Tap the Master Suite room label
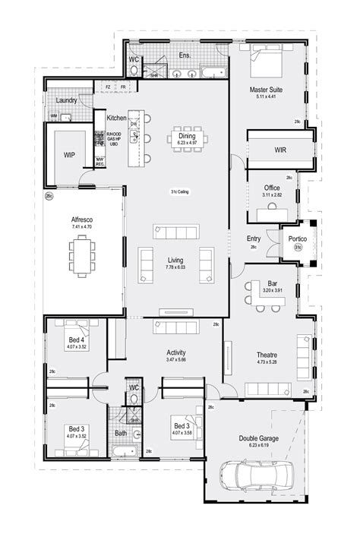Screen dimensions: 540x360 tap(267, 90)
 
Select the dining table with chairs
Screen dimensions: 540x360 tap(182, 138)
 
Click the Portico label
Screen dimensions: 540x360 tap(298, 239)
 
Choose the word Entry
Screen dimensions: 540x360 tap(254, 238)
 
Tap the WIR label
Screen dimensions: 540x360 tap(280, 150)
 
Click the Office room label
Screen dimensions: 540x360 tap(272, 187)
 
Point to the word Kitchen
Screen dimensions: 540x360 tap(116, 118)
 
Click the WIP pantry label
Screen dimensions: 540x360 tap(69, 155)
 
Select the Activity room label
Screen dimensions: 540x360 tap(176, 352)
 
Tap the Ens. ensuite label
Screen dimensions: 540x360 tap(185, 55)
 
